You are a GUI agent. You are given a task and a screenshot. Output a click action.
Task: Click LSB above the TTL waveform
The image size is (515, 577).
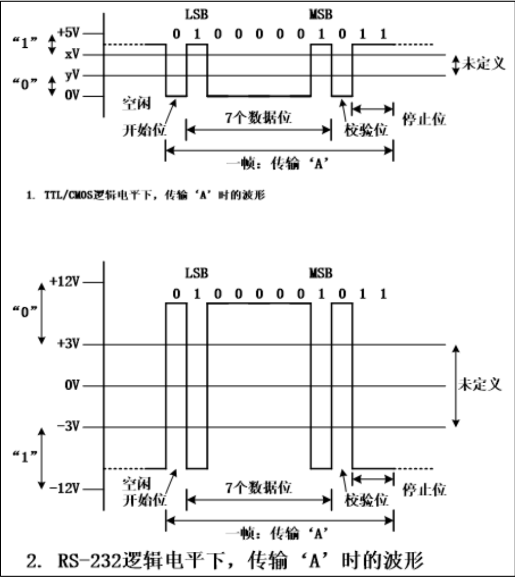pos(196,12)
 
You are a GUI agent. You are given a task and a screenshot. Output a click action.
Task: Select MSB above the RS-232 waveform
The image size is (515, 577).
pos(320,273)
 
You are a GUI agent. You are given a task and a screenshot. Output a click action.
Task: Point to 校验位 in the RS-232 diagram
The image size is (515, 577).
pos(366,500)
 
